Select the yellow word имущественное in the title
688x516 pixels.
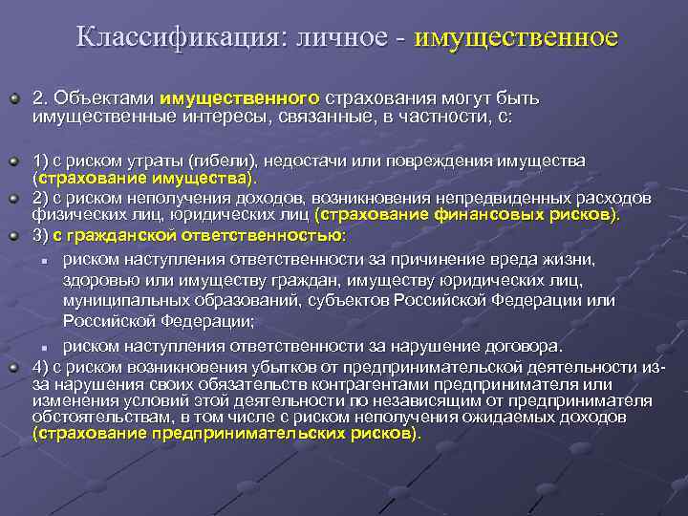click(x=516, y=38)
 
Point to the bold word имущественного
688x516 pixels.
click(x=240, y=97)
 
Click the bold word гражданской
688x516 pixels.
click(x=122, y=234)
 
